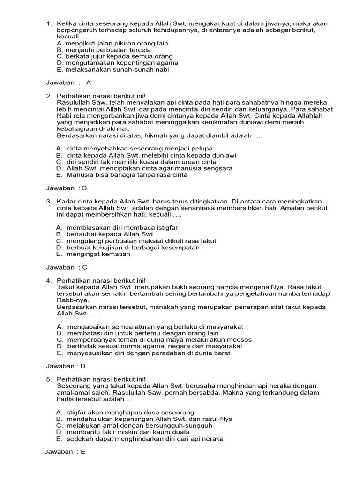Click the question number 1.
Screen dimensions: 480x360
(48, 23)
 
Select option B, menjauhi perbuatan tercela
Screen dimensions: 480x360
(104, 50)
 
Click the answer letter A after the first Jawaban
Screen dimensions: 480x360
(89, 82)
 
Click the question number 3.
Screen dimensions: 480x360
(48, 201)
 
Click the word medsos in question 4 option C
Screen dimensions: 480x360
(240, 340)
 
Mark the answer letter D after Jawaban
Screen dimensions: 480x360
(84, 366)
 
